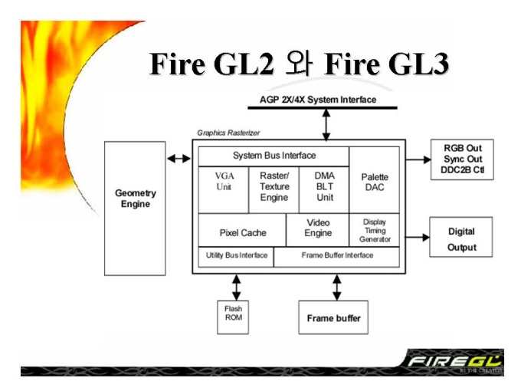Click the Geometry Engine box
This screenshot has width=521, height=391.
point(135,209)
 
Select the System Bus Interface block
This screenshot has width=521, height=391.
point(274,156)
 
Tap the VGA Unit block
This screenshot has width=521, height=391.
point(223,190)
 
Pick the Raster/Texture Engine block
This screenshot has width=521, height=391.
point(274,190)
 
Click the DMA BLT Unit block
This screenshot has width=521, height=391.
point(324,190)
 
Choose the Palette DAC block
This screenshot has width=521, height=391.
point(375,180)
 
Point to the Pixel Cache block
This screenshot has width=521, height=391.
point(242,230)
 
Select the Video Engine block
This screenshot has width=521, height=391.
point(318,230)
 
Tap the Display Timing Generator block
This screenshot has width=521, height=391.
point(375,230)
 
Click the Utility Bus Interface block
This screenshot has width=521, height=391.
point(236,257)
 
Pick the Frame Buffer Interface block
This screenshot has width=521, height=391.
point(336,257)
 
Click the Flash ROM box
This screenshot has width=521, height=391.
point(233,317)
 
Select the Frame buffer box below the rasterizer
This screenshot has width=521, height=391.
point(333,317)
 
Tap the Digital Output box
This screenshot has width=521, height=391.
point(461,237)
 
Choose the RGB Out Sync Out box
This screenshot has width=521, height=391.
point(462,159)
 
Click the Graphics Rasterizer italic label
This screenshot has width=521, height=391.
point(228,133)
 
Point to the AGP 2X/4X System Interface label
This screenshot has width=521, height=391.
point(318,100)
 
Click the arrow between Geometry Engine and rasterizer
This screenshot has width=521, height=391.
point(179,159)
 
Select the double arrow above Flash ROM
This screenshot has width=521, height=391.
point(236,287)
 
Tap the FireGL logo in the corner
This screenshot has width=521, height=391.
point(454,361)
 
